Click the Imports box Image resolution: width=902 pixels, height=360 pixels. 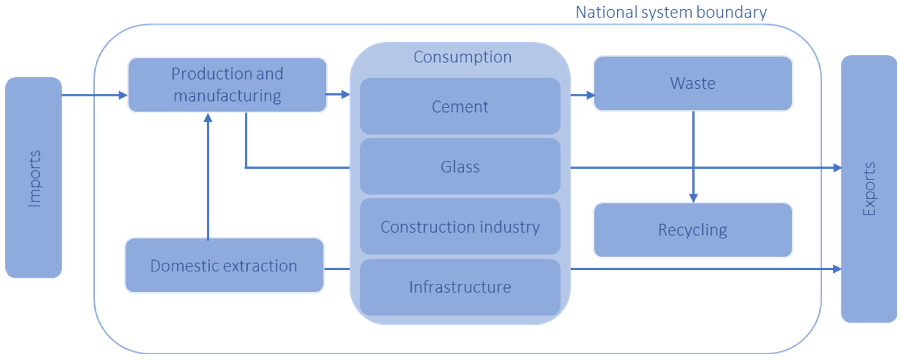coord(34,177)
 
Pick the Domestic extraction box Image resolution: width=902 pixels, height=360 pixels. coord(224,265)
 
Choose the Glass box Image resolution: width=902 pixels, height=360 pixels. coord(460,167)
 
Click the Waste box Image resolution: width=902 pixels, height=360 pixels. coord(693,83)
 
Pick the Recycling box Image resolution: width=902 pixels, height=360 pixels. coord(693,230)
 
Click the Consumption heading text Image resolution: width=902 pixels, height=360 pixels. coord(462,57)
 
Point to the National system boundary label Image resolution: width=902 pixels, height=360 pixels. coord(671,12)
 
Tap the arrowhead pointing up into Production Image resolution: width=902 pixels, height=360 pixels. coord(208,118)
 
